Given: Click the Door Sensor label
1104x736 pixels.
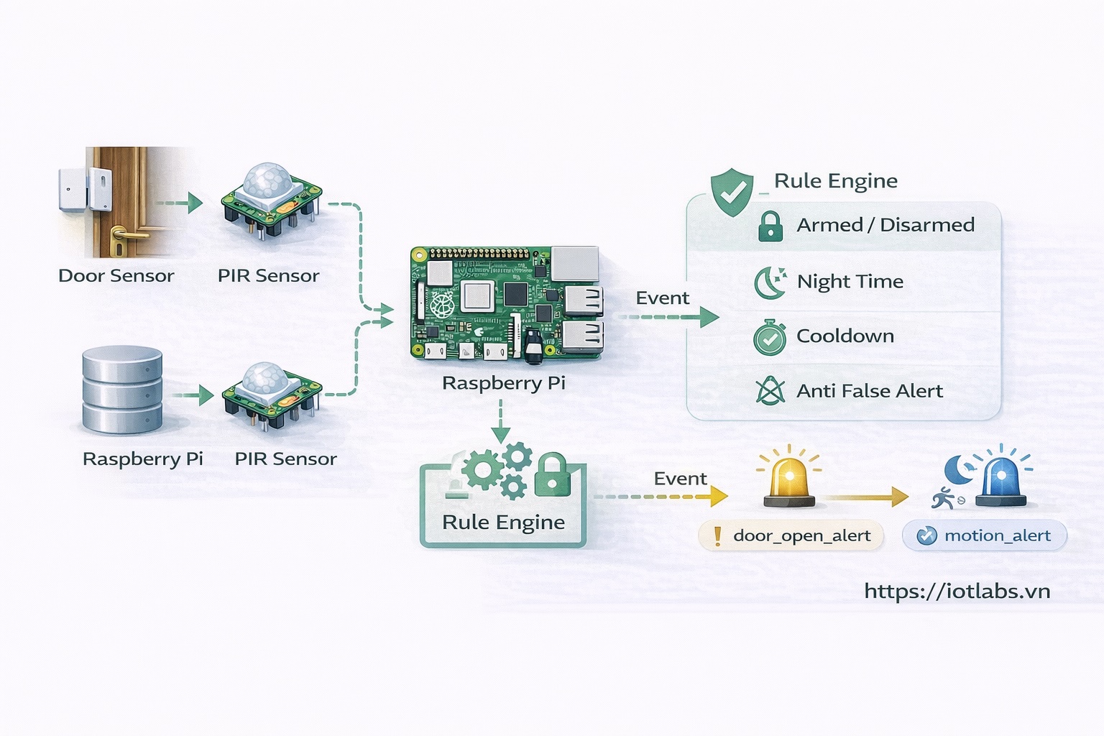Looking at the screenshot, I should click(116, 276).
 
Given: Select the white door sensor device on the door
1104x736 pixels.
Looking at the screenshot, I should click(85, 190).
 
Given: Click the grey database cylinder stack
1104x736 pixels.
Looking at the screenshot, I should click(122, 390).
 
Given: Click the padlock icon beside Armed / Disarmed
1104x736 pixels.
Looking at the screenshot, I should click(770, 226).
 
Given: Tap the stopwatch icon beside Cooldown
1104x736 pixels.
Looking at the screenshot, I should click(770, 338).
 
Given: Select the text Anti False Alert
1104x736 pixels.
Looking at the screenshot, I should click(869, 391).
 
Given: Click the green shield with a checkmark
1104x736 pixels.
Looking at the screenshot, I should click(732, 192).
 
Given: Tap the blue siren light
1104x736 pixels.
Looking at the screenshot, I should click(1001, 479).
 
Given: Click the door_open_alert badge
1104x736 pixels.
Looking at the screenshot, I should click(791, 536).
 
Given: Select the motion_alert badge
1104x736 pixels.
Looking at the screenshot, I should click(984, 536).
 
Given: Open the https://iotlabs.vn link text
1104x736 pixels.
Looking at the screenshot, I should click(957, 592).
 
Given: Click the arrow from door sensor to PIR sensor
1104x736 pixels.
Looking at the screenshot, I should click(179, 203).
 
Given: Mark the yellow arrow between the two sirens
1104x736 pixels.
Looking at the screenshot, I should click(866, 497).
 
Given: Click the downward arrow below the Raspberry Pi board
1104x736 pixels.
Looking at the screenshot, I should click(500, 423).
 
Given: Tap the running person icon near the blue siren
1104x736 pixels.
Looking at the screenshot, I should click(943, 498).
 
